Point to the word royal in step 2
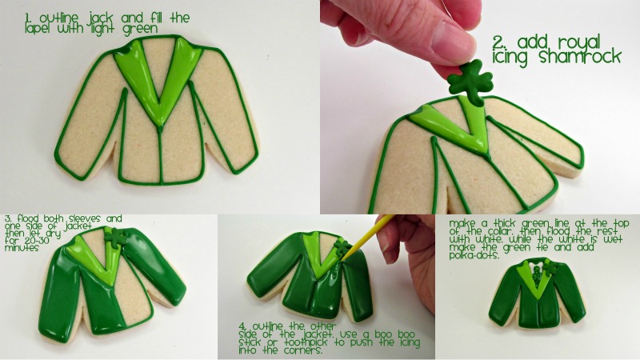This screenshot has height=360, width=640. tap(579, 43)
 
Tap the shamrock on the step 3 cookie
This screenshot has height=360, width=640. tap(115, 237)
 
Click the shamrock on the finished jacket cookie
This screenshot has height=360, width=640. tap(550, 267)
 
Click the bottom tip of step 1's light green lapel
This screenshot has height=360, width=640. tap(159, 125)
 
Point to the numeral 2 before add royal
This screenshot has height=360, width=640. tap(498, 42)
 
